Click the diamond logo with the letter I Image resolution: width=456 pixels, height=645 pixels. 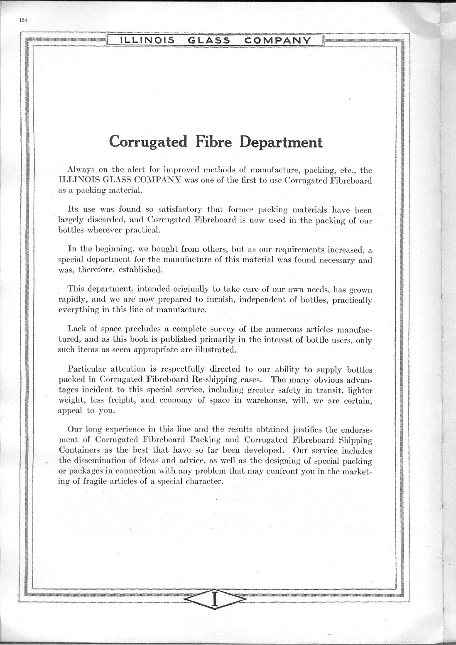pyautogui.click(x=215, y=598)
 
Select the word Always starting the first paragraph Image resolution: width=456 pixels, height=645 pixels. pyautogui.click(x=81, y=170)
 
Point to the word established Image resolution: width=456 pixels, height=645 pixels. pyautogui.click(x=140, y=270)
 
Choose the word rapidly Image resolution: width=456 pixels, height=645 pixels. pyautogui.click(x=72, y=300)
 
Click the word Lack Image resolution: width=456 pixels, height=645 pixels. pyautogui.click(x=76, y=329)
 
